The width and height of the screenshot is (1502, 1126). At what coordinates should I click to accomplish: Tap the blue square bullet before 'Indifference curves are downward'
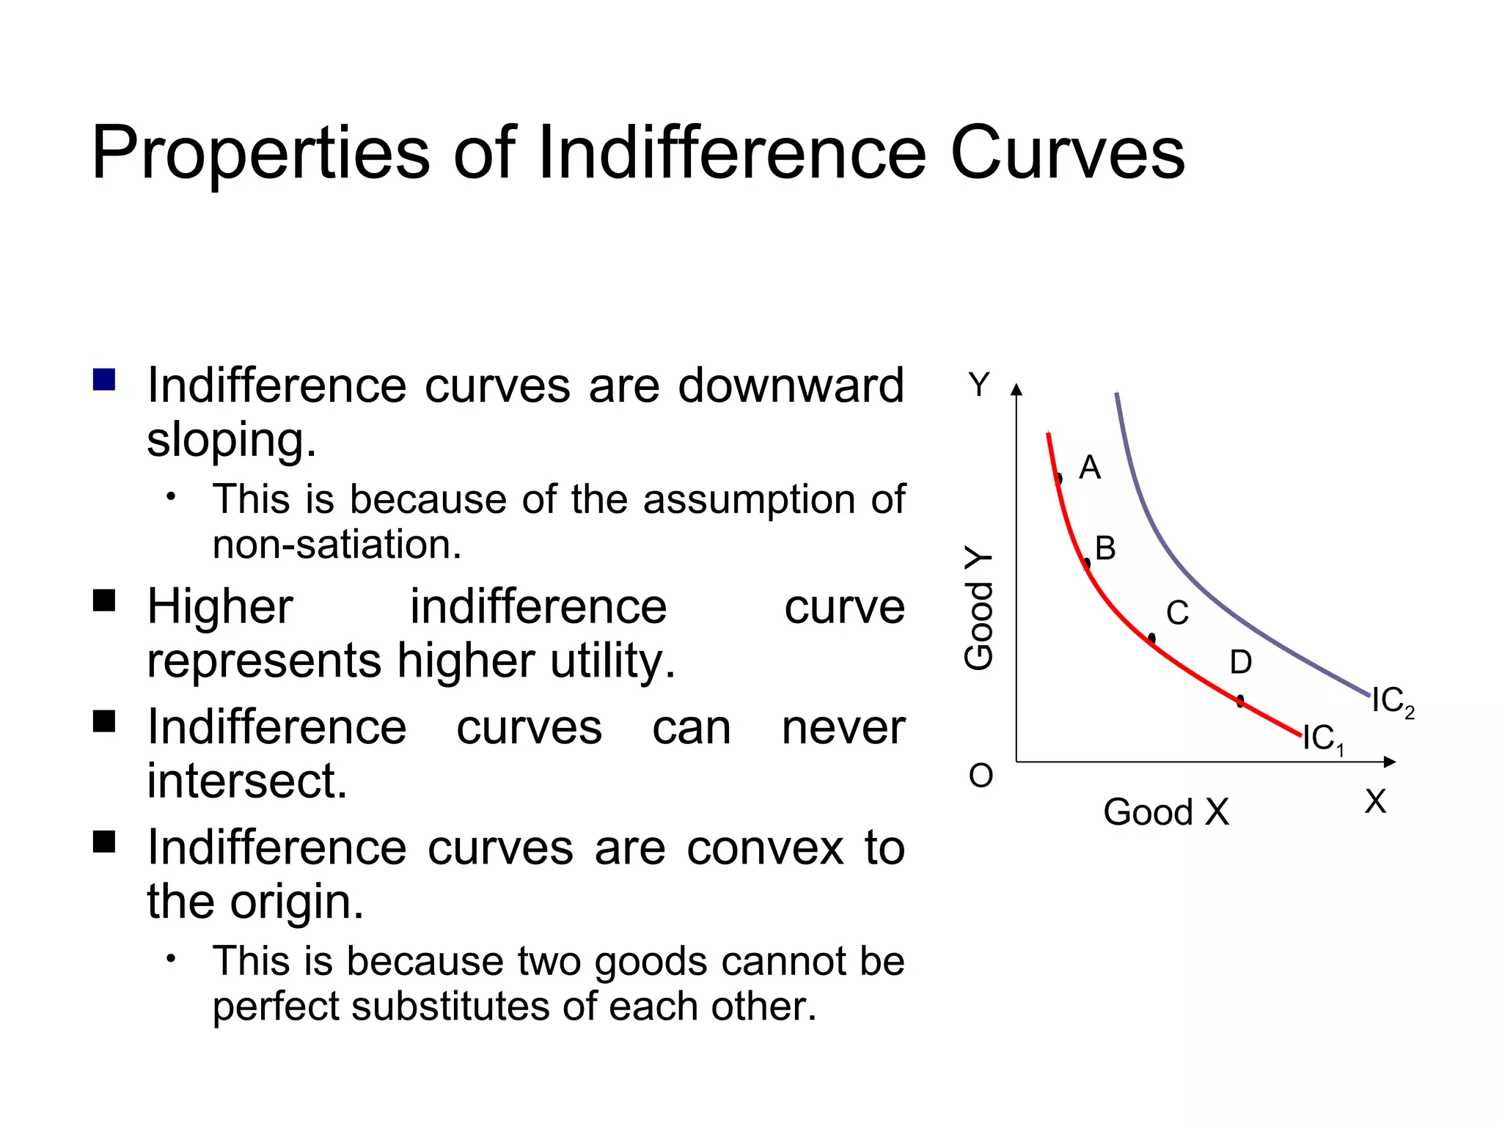[104, 380]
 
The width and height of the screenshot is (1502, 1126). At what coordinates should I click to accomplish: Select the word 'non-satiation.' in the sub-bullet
[337, 545]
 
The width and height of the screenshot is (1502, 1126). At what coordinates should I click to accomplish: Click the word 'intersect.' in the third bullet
[246, 781]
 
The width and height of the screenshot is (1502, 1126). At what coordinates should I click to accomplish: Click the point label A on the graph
[1089, 468]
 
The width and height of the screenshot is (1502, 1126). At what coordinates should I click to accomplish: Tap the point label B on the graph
[1105, 548]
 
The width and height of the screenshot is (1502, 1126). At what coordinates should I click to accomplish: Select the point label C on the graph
[1177, 613]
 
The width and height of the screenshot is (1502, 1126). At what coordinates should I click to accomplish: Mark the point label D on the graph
[1240, 663]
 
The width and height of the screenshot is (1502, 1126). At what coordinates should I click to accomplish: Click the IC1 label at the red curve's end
[1322, 739]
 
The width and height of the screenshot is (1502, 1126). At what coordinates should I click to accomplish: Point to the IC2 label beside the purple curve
[1392, 702]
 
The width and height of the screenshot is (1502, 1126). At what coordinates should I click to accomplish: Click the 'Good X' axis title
[1165, 812]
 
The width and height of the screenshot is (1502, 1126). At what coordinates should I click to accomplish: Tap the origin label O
[981, 776]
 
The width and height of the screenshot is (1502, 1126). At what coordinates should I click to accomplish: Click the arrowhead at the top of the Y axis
[1016, 389]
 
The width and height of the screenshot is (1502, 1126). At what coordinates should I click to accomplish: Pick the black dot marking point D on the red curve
[1240, 702]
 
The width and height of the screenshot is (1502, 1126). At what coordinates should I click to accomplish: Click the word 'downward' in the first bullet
[790, 386]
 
